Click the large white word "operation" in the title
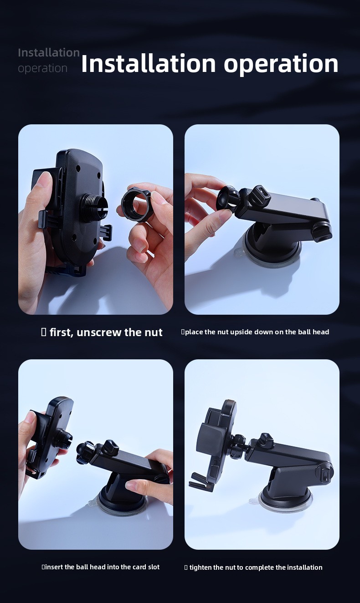281,65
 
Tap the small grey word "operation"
42,69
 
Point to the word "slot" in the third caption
154,567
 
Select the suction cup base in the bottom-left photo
122,501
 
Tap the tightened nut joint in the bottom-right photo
238,444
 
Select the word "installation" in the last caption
304,567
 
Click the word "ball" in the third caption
82,567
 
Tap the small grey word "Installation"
49,53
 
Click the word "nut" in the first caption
153,333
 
